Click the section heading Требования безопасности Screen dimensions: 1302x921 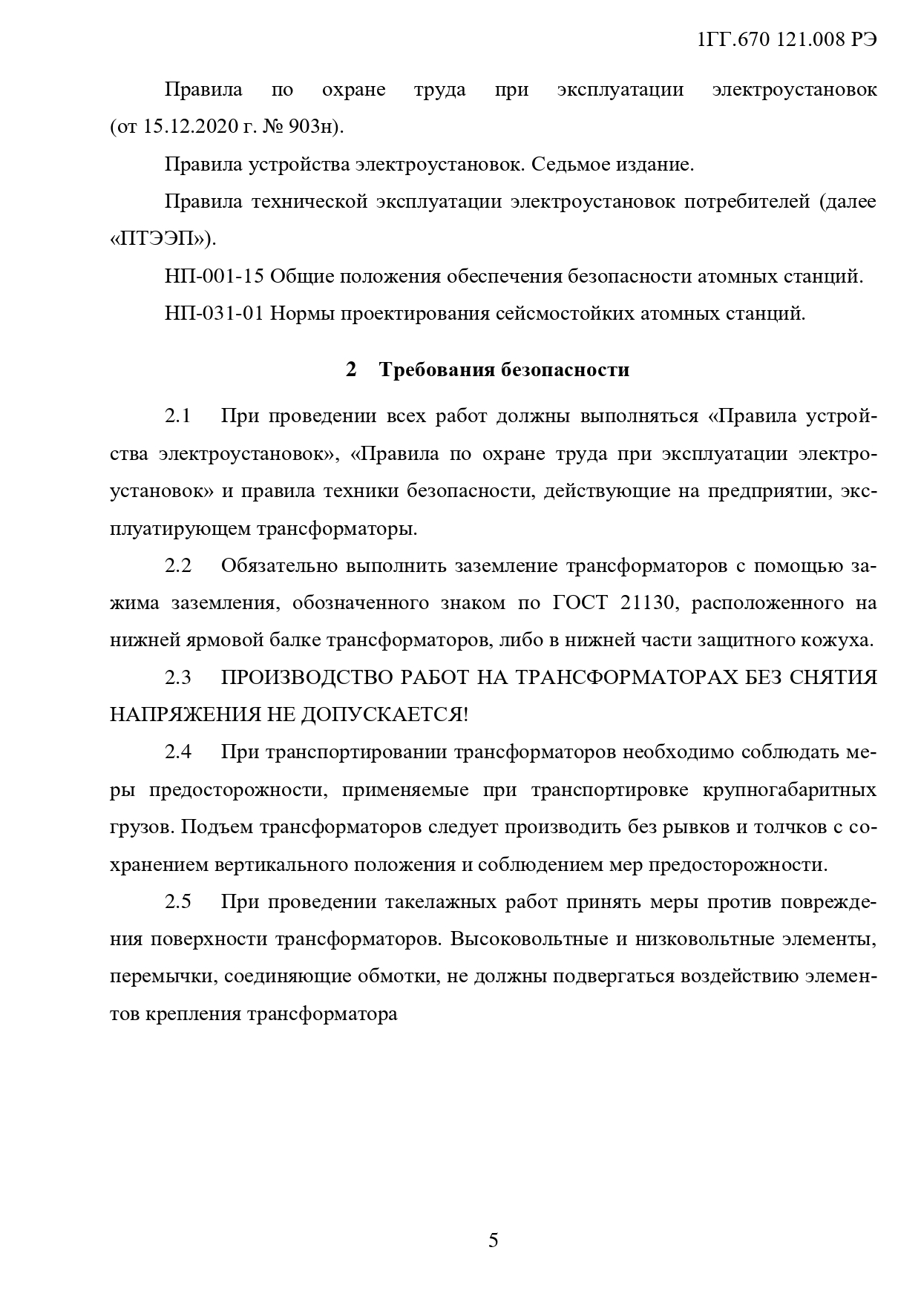(504, 369)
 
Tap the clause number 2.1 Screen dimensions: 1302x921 (178, 416)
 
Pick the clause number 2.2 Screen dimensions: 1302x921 (178, 566)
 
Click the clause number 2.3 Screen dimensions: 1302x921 (178, 677)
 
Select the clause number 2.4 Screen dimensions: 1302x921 (178, 752)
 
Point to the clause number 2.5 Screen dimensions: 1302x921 (178, 902)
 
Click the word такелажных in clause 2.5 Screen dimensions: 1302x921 (442, 902)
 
